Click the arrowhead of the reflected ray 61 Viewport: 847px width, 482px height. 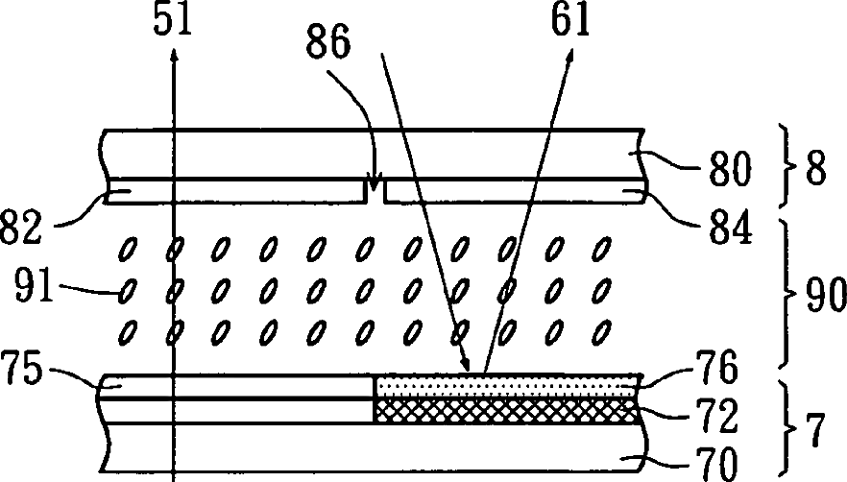tap(573, 57)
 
